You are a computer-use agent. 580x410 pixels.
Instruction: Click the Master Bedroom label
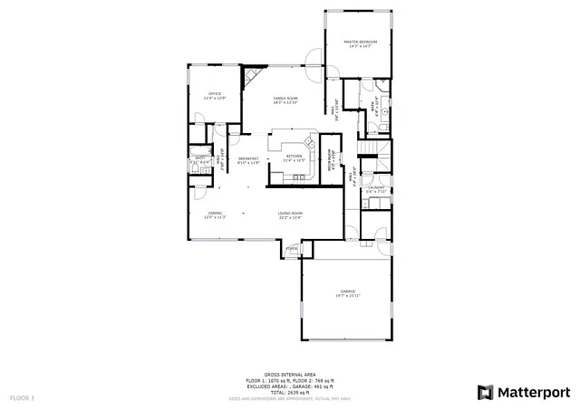[360, 43]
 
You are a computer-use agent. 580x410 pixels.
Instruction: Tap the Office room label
[215, 94]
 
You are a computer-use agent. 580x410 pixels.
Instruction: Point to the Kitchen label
[294, 157]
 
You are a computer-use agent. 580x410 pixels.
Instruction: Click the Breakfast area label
[248, 159]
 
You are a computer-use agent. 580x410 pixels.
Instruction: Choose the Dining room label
[215, 214]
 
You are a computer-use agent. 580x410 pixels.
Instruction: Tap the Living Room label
[290, 214]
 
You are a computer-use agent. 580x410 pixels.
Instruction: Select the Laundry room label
[376, 188]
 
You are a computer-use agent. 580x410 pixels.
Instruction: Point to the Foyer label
[292, 247]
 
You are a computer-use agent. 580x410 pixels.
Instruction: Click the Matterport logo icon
[485, 391]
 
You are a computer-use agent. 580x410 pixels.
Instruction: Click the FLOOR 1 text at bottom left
[22, 397]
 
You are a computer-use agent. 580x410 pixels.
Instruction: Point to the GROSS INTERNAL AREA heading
[290, 374]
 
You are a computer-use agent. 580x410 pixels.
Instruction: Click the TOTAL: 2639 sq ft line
[290, 390]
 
